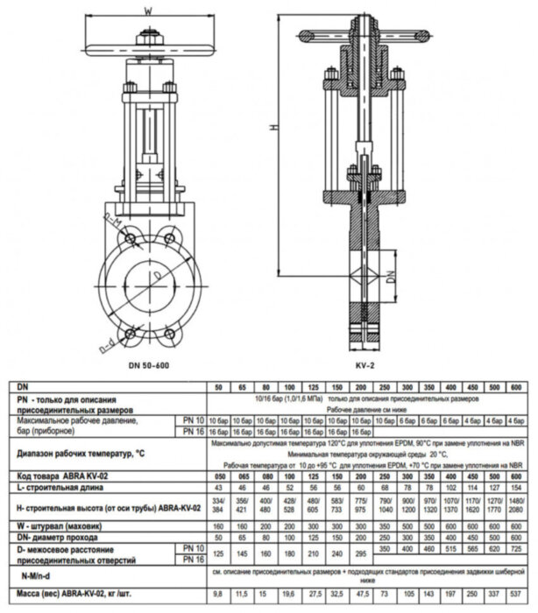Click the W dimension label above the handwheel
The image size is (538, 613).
point(148,11)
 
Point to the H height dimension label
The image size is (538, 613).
point(273,128)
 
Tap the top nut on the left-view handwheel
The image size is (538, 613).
point(148,37)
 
